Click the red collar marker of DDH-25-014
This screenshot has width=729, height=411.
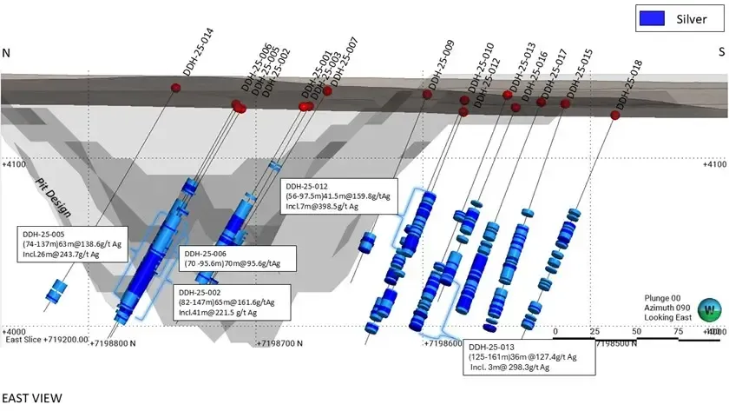pyautogui.click(x=175, y=88)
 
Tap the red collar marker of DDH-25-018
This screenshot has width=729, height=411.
pyautogui.click(x=614, y=115)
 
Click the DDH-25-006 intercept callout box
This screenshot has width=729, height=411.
pyautogui.click(x=238, y=258)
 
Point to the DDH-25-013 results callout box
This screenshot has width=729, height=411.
pyautogui.click(x=529, y=356)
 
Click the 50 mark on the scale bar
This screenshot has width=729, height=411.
pyautogui.click(x=636, y=332)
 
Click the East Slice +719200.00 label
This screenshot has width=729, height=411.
pyautogui.click(x=47, y=340)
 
